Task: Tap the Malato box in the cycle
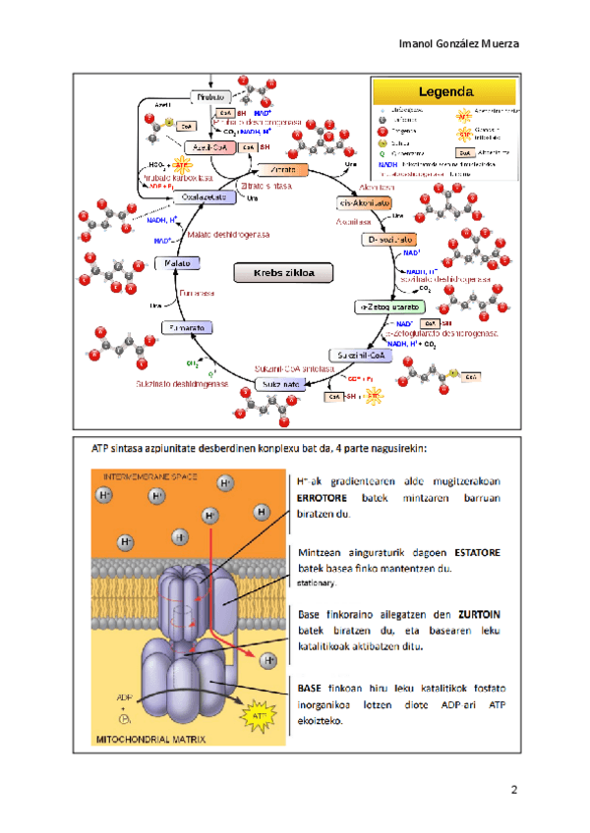[178, 264]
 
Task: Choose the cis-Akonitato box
[361, 202]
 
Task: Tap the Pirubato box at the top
[209, 97]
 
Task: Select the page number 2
[513, 791]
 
